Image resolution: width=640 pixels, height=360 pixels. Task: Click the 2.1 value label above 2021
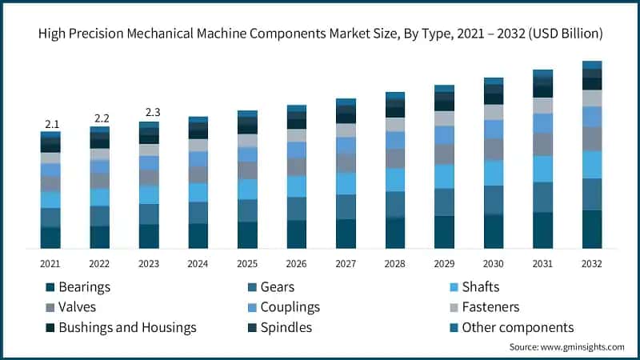click(x=52, y=124)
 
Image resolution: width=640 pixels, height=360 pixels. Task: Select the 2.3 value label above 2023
click(x=150, y=113)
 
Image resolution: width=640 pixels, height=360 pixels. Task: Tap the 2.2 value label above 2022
click(x=101, y=118)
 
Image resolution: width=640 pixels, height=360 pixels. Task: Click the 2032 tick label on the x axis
click(x=592, y=263)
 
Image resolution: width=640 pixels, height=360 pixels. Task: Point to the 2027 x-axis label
click(x=346, y=263)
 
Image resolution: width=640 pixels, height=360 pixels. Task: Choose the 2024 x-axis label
click(x=198, y=263)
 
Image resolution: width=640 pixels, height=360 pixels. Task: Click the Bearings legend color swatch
click(x=50, y=287)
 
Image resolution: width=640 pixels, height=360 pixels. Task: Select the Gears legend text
click(x=278, y=287)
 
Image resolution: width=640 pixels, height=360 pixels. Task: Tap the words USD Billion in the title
click(x=566, y=34)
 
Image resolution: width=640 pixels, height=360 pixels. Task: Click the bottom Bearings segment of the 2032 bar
click(x=592, y=229)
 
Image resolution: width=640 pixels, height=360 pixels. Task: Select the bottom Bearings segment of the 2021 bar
click(x=51, y=238)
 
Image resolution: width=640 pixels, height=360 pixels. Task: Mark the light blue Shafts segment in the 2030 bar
click(x=494, y=173)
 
